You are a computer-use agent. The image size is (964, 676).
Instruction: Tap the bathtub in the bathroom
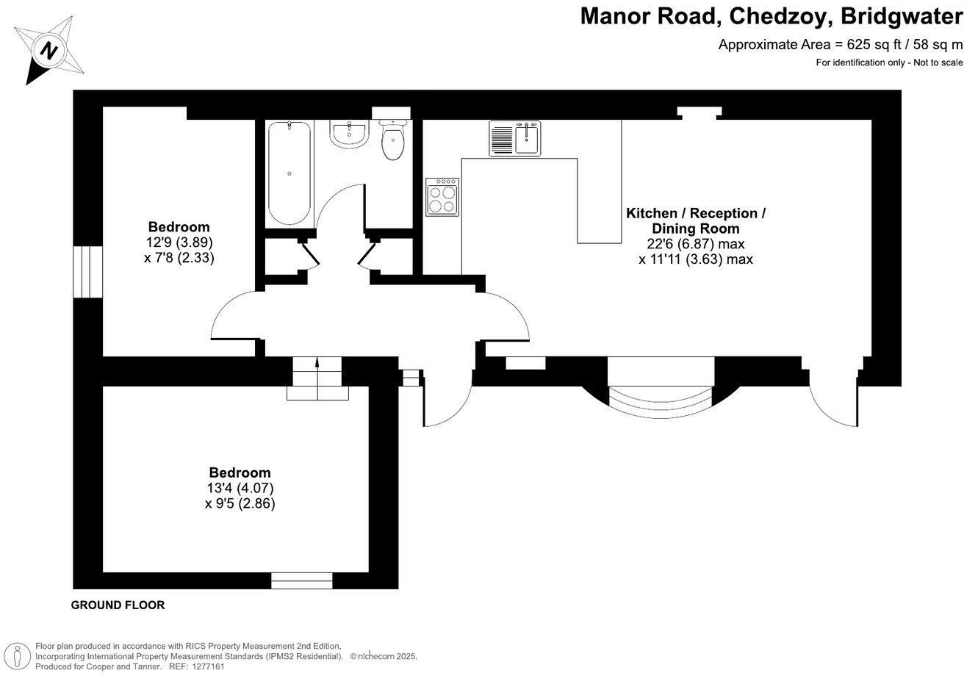click(x=289, y=173)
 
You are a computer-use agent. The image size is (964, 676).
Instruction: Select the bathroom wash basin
click(x=349, y=134)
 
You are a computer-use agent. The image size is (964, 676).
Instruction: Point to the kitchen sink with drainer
click(x=514, y=139)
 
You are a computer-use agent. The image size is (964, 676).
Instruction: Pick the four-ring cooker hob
click(x=442, y=196)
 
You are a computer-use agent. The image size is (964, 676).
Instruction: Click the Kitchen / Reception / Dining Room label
click(x=695, y=220)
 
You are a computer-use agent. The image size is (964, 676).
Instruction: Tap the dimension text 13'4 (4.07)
click(x=240, y=488)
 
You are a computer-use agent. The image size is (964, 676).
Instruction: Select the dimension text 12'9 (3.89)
click(x=179, y=242)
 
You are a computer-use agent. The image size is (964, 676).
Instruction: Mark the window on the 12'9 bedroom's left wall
click(x=87, y=271)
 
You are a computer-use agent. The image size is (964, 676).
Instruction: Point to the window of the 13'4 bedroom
click(x=301, y=580)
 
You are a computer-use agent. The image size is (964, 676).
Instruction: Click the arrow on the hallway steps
click(x=317, y=362)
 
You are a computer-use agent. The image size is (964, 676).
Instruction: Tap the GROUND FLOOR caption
click(x=118, y=605)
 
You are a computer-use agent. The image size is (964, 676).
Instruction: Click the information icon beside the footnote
click(x=16, y=655)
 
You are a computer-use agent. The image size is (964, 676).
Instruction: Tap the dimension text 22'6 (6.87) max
click(x=695, y=244)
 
